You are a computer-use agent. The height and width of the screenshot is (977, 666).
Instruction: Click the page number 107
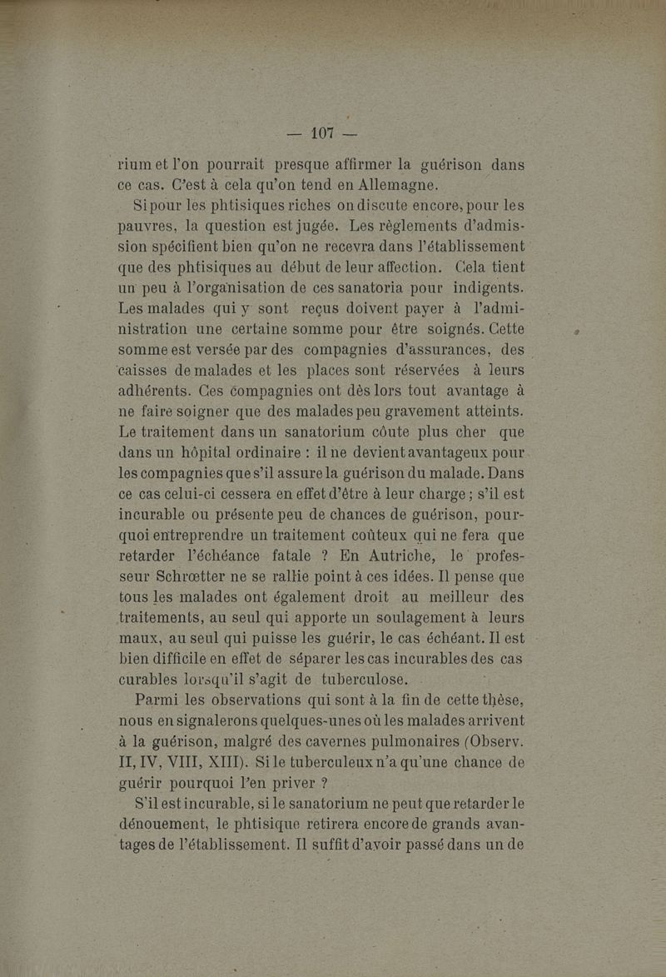(x=321, y=132)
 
